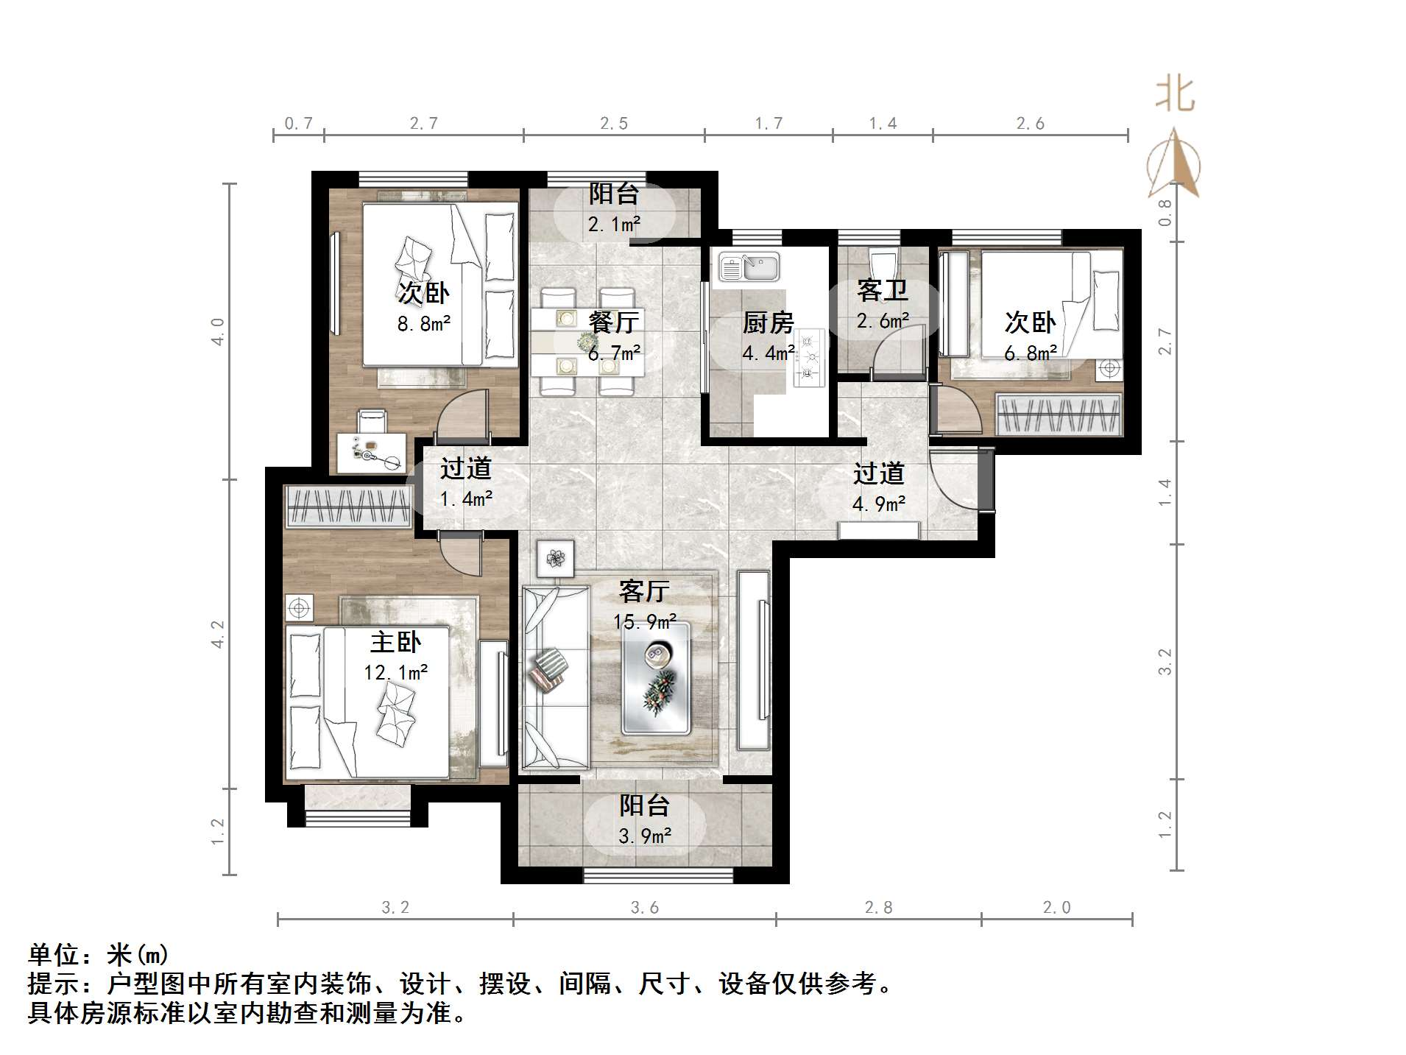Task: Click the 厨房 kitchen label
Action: [768, 322]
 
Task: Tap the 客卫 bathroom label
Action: [882, 291]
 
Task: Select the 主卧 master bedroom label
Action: [395, 642]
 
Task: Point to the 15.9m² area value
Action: [645, 622]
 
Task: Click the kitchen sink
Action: [749, 267]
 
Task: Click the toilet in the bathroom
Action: [882, 263]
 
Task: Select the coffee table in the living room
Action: [656, 678]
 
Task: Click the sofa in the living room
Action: [555, 677]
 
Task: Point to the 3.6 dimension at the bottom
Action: [644, 908]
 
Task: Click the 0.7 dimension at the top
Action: [298, 123]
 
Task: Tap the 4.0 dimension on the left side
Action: [217, 331]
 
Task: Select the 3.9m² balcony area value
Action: [645, 836]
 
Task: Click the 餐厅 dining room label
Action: [613, 322]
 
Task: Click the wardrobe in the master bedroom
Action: [348, 507]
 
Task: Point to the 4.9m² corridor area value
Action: [878, 504]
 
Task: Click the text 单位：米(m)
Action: [99, 955]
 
